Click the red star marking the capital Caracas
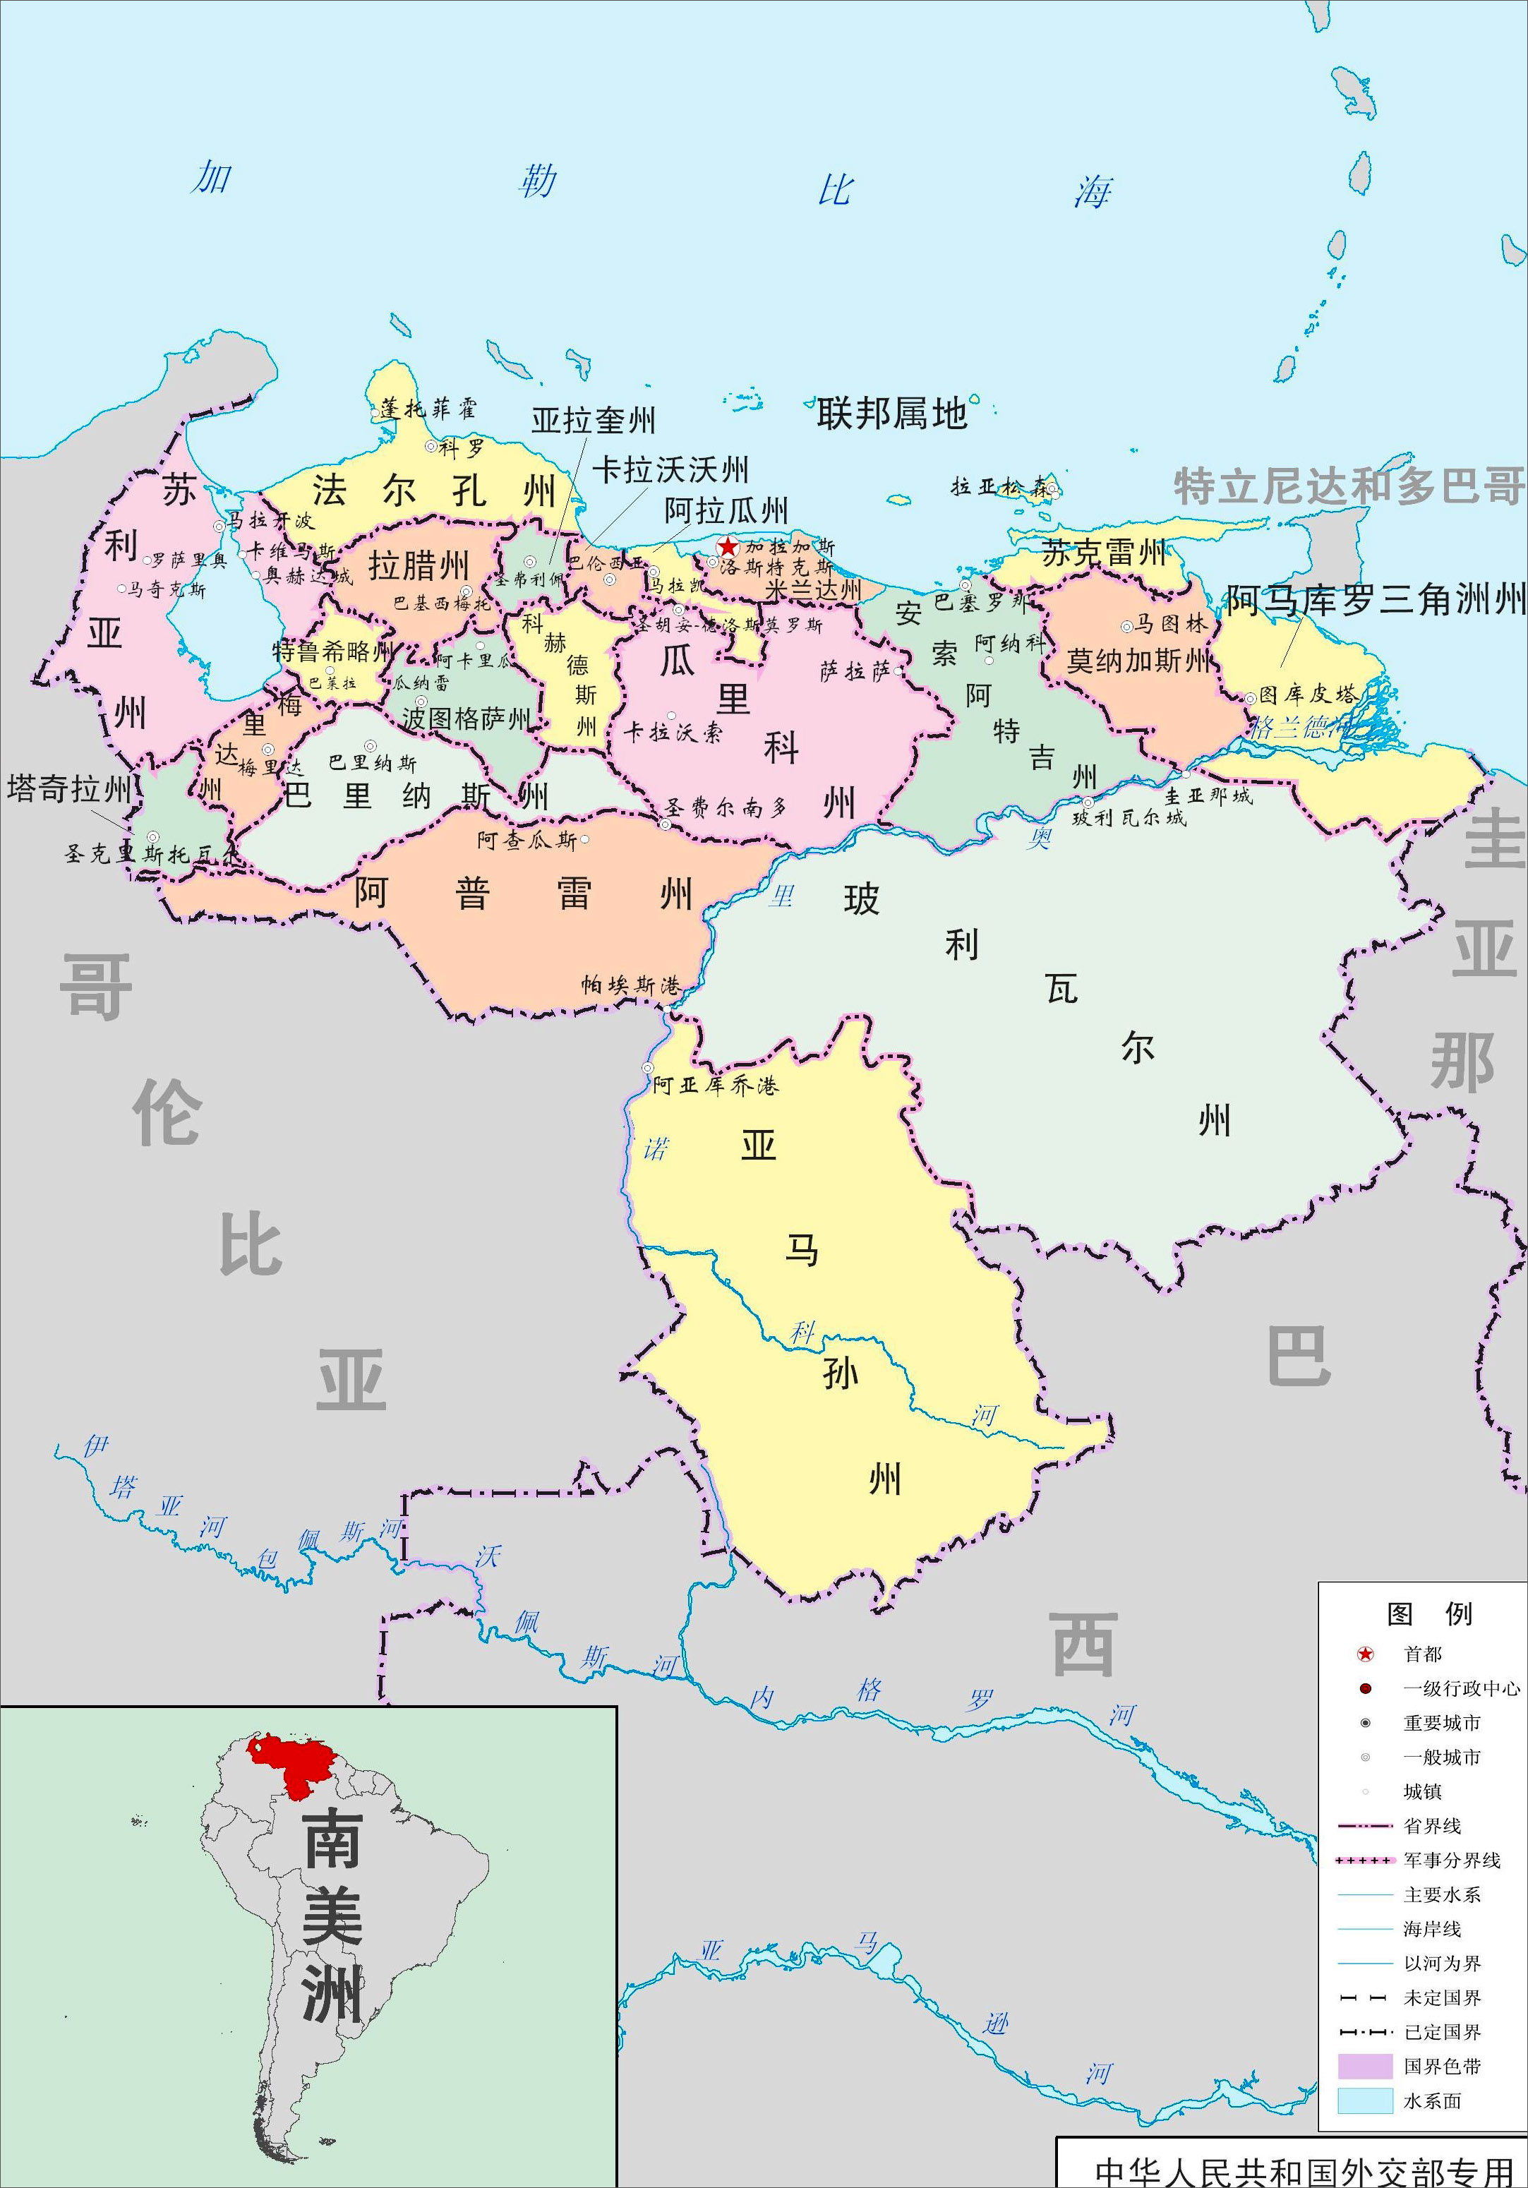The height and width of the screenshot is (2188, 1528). (x=728, y=547)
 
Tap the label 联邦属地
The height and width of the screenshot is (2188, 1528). (x=891, y=414)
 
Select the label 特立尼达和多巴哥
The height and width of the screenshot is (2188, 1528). (x=1349, y=486)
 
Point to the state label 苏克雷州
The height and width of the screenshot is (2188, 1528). (x=1104, y=553)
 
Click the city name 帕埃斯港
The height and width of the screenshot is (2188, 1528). (x=631, y=985)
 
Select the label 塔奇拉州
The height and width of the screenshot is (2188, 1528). (x=68, y=789)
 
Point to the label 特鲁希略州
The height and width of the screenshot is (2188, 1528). (x=332, y=652)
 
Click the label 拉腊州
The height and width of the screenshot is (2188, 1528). (x=419, y=566)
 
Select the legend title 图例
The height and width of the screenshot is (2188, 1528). (x=1429, y=1613)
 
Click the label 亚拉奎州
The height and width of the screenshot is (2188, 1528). (x=593, y=420)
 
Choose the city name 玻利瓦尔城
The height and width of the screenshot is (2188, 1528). (x=1129, y=817)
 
